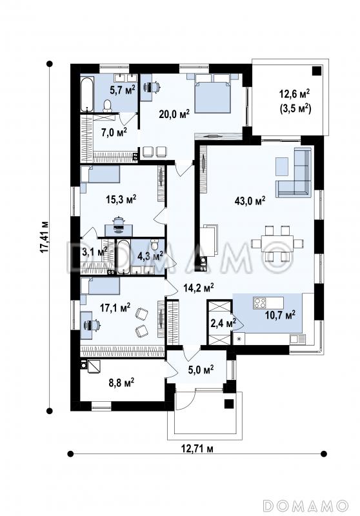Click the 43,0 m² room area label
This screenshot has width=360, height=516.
pyautogui.click(x=250, y=201)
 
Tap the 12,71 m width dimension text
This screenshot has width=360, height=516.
pyautogui.click(x=197, y=448)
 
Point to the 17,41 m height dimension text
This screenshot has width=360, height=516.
pyautogui.click(x=44, y=237)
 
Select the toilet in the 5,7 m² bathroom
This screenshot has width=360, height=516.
pyautogui.click(x=107, y=105)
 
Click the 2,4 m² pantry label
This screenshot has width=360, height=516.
pyautogui.click(x=223, y=323)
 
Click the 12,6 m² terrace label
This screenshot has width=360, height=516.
pyautogui.click(x=294, y=94)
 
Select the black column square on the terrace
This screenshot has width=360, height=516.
pyautogui.click(x=317, y=71)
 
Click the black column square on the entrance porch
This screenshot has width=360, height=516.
pyautogui.click(x=228, y=404)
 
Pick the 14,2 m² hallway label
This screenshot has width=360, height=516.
pyautogui.click(x=199, y=288)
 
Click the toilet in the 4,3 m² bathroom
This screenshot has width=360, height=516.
pyautogui.click(x=155, y=244)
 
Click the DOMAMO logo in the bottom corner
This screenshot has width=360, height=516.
pyautogui.click(x=306, y=505)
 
